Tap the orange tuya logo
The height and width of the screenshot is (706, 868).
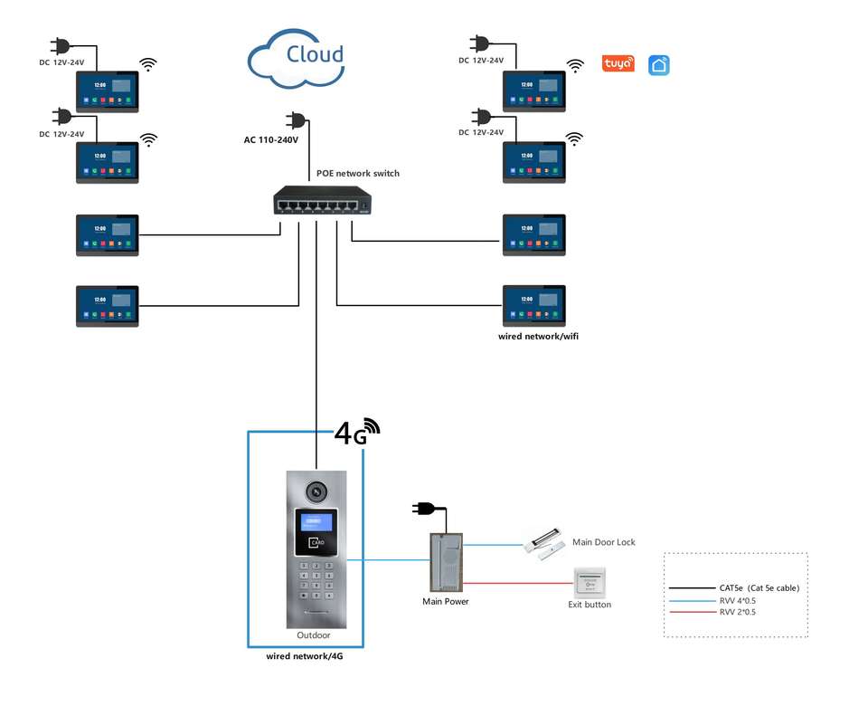(618, 63)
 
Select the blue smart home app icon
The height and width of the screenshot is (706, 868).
(659, 64)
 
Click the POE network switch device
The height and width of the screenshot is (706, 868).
(323, 201)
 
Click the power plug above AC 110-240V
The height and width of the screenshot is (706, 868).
(296, 119)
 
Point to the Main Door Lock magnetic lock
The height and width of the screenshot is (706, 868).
(544, 546)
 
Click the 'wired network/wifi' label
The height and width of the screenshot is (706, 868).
(538, 336)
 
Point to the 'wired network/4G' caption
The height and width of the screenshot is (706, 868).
(305, 656)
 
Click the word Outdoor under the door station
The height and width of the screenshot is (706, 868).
(314, 635)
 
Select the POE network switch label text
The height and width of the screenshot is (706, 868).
(357, 173)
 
